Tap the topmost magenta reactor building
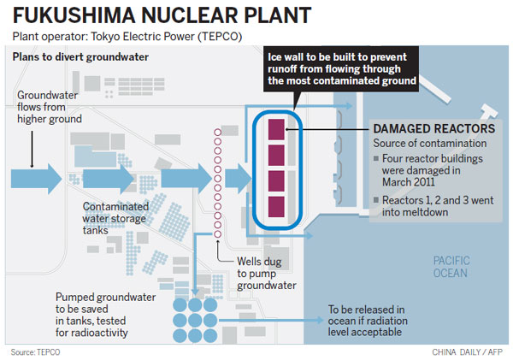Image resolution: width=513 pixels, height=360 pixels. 276,129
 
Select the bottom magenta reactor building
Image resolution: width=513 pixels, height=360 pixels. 276,206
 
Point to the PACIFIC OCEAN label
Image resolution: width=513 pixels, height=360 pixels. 451,266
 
